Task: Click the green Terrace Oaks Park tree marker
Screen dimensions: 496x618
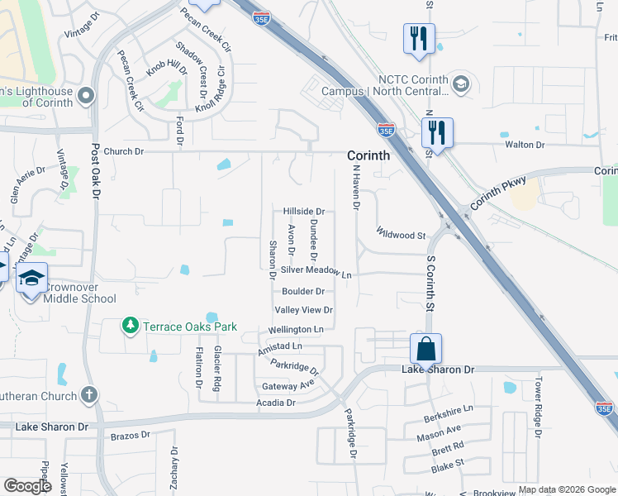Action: pyautogui.click(x=131, y=327)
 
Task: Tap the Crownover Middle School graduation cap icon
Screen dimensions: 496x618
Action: pyautogui.click(x=31, y=278)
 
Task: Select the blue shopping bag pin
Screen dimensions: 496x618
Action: pyautogui.click(x=425, y=348)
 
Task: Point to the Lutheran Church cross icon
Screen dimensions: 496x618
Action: pyautogui.click(x=89, y=394)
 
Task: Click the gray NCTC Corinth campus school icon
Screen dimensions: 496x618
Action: pyautogui.click(x=460, y=83)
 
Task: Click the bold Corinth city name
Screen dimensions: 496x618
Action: pyautogui.click(x=368, y=155)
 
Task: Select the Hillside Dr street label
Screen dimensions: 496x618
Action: pyautogui.click(x=304, y=212)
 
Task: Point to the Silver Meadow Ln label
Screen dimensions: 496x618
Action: pyautogui.click(x=316, y=271)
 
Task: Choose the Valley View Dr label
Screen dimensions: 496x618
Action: pyautogui.click(x=304, y=310)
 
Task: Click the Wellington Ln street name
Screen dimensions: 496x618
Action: pyautogui.click(x=295, y=329)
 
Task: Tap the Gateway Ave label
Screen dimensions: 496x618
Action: pyautogui.click(x=288, y=386)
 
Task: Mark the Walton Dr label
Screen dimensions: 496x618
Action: pyautogui.click(x=525, y=145)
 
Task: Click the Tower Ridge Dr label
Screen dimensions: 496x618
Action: pyautogui.click(x=537, y=407)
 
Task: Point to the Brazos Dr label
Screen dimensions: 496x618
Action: pyautogui.click(x=131, y=434)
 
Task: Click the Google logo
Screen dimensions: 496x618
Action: pyautogui.click(x=26, y=486)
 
